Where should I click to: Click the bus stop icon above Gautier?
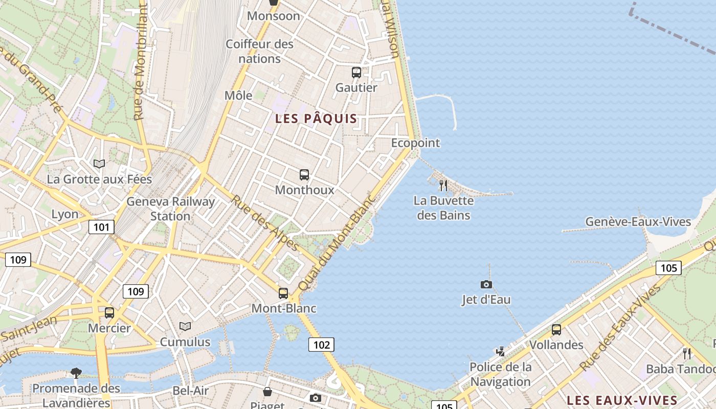pos(356,73)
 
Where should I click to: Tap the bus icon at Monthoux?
pos(304,175)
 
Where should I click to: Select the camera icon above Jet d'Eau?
pos(486,284)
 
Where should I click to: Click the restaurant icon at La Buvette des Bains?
pos(443,185)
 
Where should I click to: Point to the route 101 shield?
pos(101,226)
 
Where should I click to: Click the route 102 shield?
pos(321,345)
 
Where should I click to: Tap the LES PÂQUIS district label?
pos(316,119)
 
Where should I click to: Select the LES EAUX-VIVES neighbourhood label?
pos(622,400)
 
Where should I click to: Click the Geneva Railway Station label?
pos(170,209)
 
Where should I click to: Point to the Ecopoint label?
pos(415,143)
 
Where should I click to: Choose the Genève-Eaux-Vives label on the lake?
pos(638,222)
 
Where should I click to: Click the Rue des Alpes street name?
pos(265,223)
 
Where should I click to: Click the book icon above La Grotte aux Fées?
pos(99,164)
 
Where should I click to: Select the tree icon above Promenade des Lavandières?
pos(76,373)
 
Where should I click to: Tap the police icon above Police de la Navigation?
pos(500,351)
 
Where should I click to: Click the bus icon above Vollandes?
pos(556,330)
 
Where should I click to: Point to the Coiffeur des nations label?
pos(260,51)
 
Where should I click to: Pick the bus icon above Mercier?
pos(109,313)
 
